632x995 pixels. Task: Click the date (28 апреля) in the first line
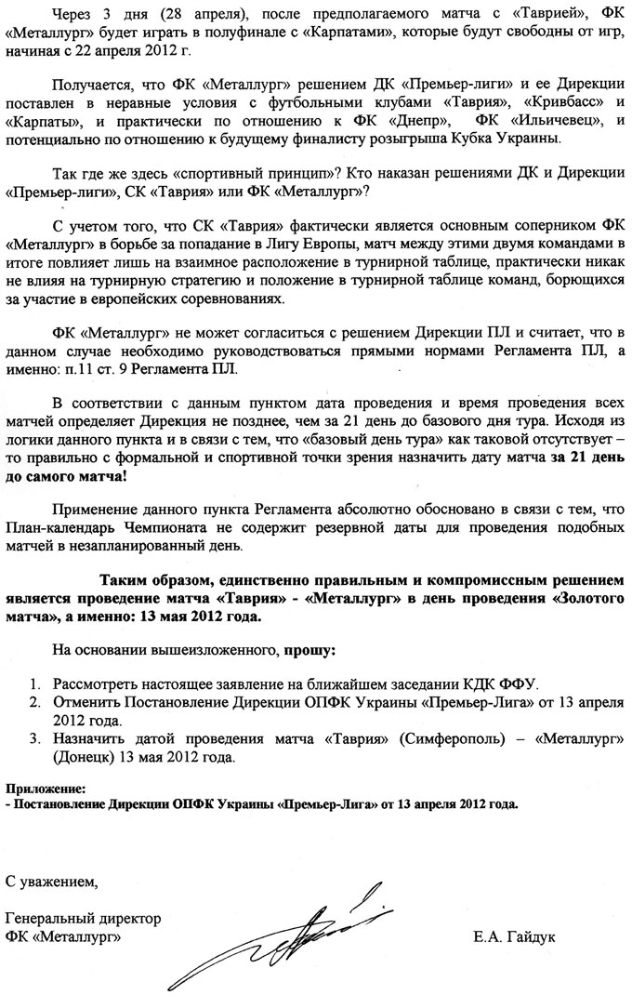[181, 13]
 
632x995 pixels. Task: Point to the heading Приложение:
[46, 787]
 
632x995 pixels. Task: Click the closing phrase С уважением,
[50, 880]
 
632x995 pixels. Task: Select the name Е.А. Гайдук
[514, 936]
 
